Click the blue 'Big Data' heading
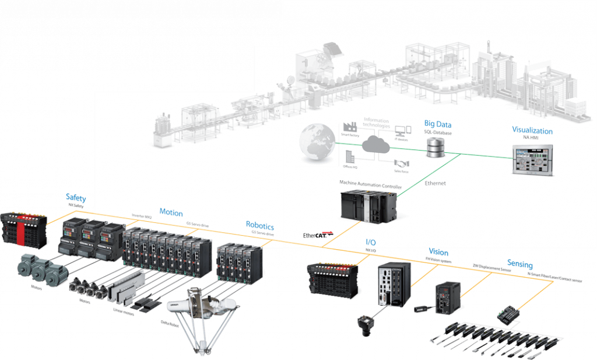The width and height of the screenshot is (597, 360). pos(438,124)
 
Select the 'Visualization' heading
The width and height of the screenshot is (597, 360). pos(532,131)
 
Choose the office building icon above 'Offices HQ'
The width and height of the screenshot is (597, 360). pos(349,156)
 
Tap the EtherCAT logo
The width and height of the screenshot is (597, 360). pos(318,235)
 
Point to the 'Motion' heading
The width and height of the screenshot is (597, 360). pos(171,213)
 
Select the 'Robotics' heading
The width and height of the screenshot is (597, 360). pos(259,225)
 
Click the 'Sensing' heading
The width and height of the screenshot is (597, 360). pos(519,263)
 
